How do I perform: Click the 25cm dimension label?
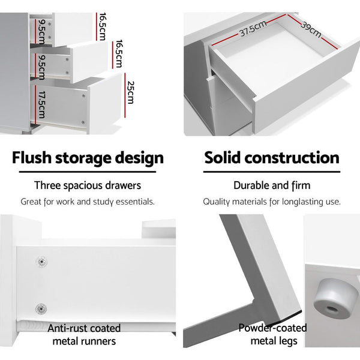130,92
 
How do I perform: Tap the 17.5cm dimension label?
42,104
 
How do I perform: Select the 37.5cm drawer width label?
253,28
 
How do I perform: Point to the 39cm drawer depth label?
311,29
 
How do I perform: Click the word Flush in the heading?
32,158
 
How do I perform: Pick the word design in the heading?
139,158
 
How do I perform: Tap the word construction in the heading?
292,158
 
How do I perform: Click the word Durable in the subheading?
250,185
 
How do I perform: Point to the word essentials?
135,202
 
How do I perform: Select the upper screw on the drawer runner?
41,262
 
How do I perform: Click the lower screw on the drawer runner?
41,309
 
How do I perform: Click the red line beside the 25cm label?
125,95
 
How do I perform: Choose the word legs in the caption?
286,341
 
